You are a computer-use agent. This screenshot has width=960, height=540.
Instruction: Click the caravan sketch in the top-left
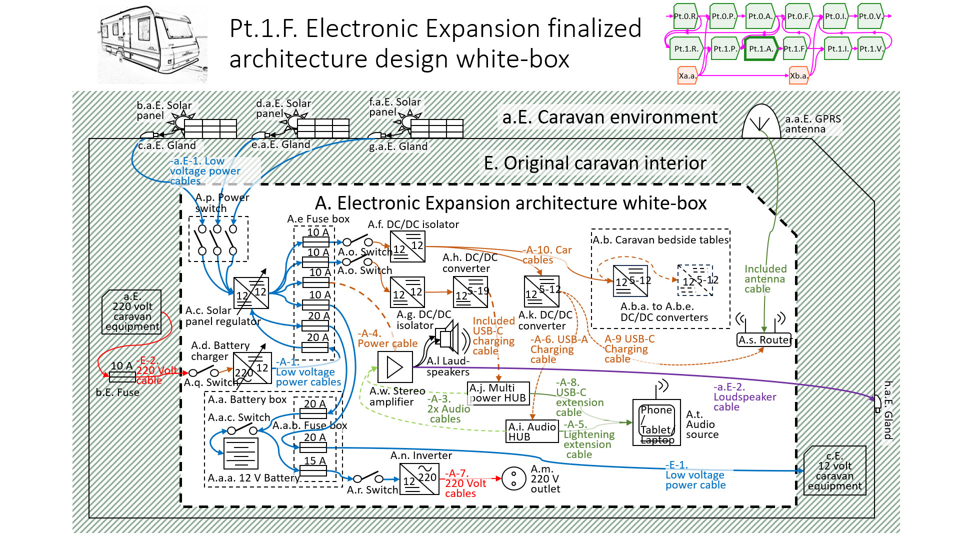click(x=152, y=45)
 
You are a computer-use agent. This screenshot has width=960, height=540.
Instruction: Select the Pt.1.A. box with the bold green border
click(x=760, y=48)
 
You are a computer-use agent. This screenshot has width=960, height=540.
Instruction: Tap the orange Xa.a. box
click(x=687, y=76)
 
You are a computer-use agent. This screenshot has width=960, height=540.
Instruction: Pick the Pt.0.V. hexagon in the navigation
click(x=870, y=16)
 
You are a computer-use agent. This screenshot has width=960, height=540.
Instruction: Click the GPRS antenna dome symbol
click(x=761, y=123)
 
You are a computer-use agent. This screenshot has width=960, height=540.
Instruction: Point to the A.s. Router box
click(x=764, y=340)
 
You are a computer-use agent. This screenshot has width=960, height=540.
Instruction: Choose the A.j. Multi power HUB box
click(x=497, y=393)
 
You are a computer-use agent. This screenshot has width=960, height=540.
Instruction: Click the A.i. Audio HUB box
click(x=531, y=431)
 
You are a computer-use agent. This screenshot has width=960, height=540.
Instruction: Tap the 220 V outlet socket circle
click(x=513, y=479)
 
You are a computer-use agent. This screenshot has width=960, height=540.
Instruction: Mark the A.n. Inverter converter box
click(x=419, y=479)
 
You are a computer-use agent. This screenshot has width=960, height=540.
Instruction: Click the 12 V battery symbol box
click(x=241, y=453)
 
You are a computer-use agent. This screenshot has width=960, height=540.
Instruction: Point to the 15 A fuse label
click(x=314, y=460)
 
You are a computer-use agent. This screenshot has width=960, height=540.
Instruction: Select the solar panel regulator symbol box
click(x=251, y=293)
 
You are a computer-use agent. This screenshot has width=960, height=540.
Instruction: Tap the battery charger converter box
click(x=252, y=368)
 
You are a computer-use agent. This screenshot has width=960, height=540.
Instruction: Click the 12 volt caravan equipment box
click(x=834, y=470)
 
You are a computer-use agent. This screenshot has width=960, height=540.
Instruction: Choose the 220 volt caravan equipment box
click(x=132, y=312)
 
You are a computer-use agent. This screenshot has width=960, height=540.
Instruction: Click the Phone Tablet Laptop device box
click(x=656, y=422)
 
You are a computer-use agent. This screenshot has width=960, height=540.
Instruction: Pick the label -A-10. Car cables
click(x=546, y=255)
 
